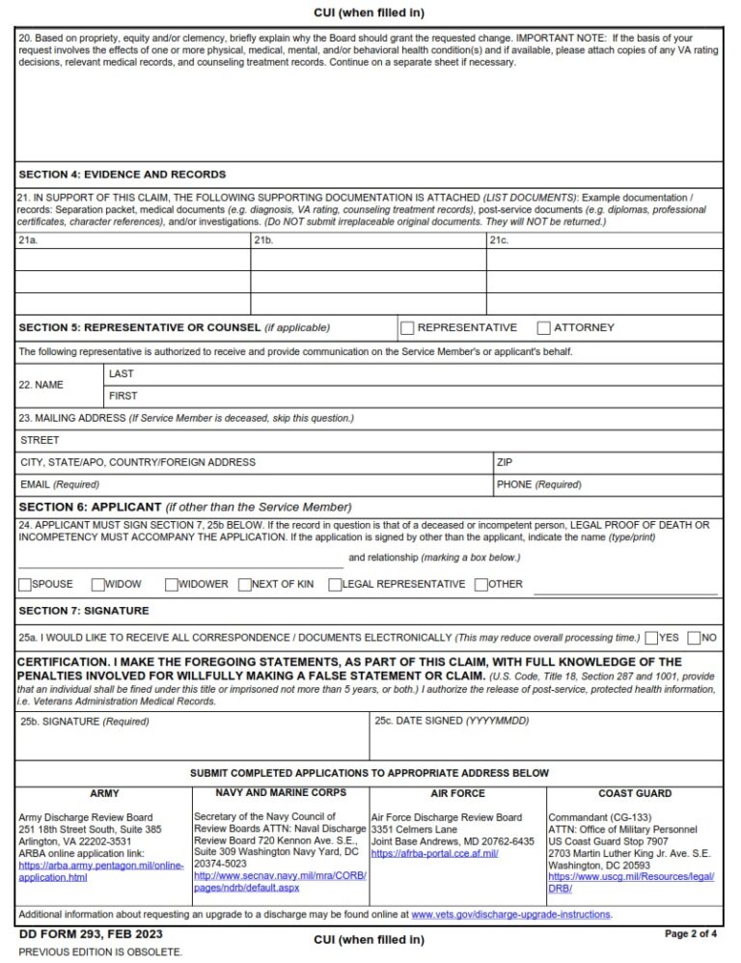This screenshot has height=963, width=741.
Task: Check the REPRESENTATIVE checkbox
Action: [x=407, y=328]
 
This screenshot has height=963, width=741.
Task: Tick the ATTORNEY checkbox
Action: [x=544, y=328]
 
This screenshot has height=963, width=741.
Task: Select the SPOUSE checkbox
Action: [x=25, y=584]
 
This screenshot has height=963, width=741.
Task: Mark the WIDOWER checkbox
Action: [x=172, y=584]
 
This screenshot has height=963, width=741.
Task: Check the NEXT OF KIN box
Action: [x=245, y=584]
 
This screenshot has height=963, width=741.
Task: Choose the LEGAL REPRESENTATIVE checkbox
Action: [x=335, y=584]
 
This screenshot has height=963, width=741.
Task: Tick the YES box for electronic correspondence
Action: [x=652, y=638]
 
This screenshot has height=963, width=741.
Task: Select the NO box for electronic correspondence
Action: [x=695, y=638]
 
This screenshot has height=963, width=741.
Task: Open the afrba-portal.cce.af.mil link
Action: [x=434, y=853]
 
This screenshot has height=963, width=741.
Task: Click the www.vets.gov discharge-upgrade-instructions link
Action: [x=511, y=915]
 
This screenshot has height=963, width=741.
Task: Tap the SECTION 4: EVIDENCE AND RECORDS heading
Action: [x=123, y=175]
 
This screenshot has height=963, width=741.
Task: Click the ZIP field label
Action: [x=505, y=462]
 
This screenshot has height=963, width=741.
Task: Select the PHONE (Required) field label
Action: [x=538, y=484]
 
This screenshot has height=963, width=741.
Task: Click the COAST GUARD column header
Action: [x=635, y=793]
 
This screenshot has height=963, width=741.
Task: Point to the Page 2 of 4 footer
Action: [x=691, y=934]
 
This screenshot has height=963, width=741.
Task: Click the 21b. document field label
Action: [x=264, y=239]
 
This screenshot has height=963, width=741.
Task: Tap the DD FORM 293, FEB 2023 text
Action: [x=91, y=934]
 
